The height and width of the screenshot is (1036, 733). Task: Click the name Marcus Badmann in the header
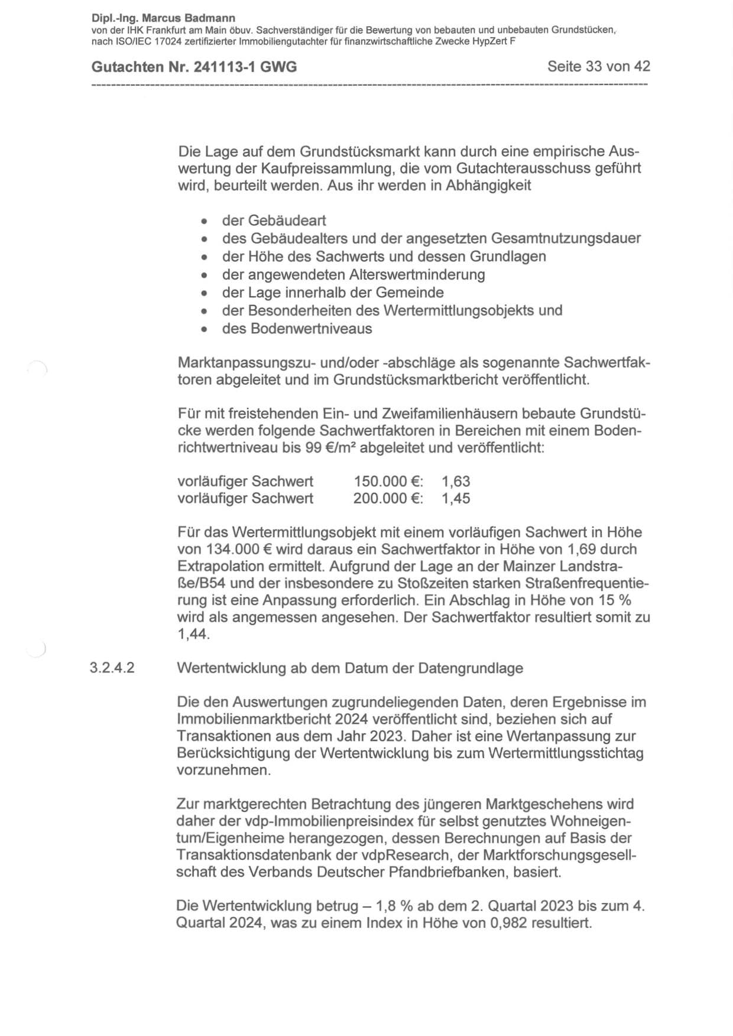click(189, 18)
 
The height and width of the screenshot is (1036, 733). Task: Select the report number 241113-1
click(225, 67)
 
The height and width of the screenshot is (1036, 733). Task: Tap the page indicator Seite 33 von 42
click(598, 66)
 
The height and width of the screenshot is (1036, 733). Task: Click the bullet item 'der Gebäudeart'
click(274, 221)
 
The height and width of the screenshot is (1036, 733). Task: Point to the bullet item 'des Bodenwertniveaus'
click(297, 329)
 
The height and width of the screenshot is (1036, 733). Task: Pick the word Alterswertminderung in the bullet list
click(417, 275)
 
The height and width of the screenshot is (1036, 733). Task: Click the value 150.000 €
click(387, 482)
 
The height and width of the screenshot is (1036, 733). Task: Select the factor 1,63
click(456, 482)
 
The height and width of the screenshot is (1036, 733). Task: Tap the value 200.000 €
click(387, 499)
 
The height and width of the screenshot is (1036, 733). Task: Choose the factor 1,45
click(456, 499)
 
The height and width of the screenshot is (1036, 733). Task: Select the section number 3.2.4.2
click(112, 668)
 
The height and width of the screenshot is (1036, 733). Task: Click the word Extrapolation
click(215, 567)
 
